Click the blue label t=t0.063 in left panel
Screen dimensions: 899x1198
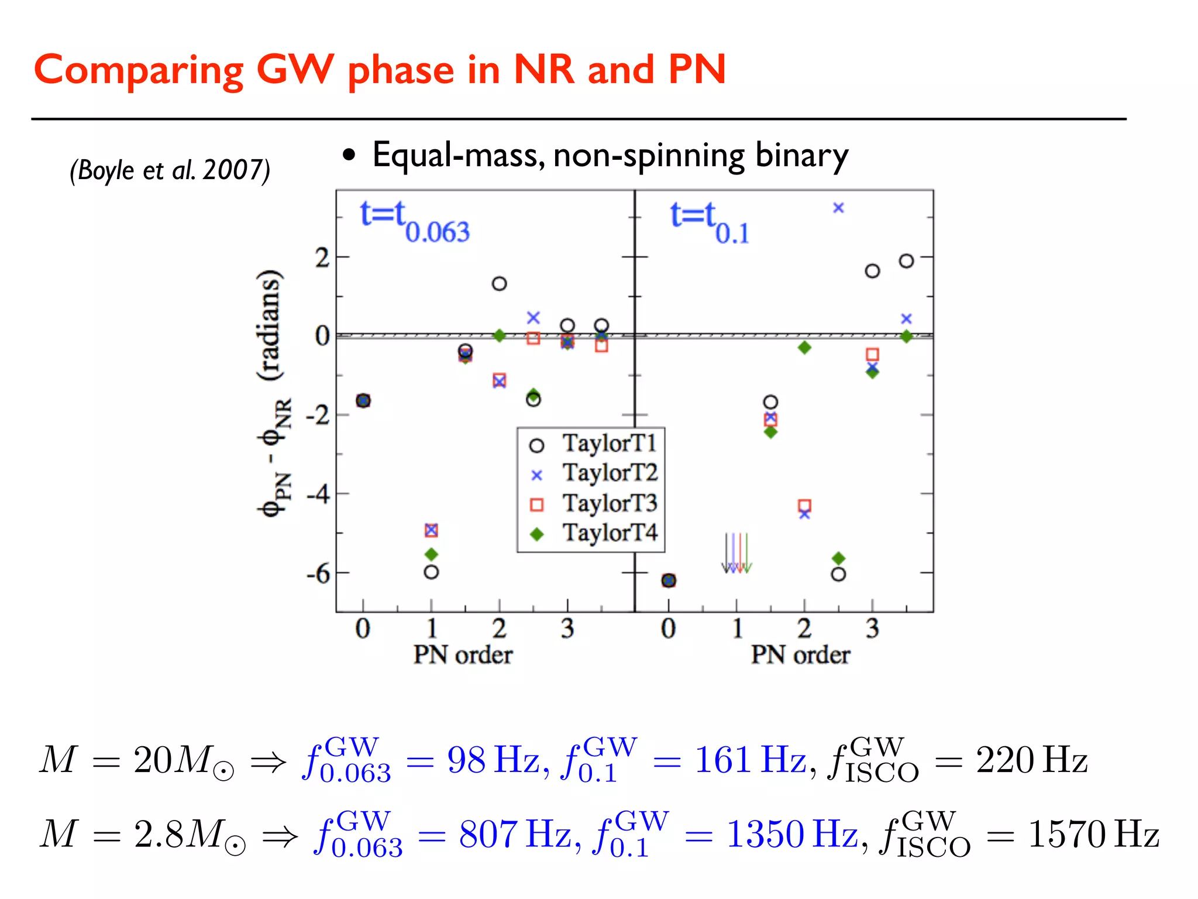(x=414, y=222)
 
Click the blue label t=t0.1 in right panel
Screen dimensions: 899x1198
(x=709, y=222)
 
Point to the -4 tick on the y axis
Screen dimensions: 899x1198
(x=319, y=495)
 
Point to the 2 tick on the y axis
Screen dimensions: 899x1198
(x=322, y=258)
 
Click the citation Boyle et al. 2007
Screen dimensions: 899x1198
(x=170, y=170)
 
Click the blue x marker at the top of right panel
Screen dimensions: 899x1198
(x=838, y=208)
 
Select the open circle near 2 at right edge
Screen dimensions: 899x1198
(x=906, y=261)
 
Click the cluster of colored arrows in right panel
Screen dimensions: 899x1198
(x=736, y=553)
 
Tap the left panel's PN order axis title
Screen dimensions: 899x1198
(x=463, y=655)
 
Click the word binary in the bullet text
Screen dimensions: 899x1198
(x=801, y=156)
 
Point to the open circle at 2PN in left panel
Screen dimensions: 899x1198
(x=499, y=284)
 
